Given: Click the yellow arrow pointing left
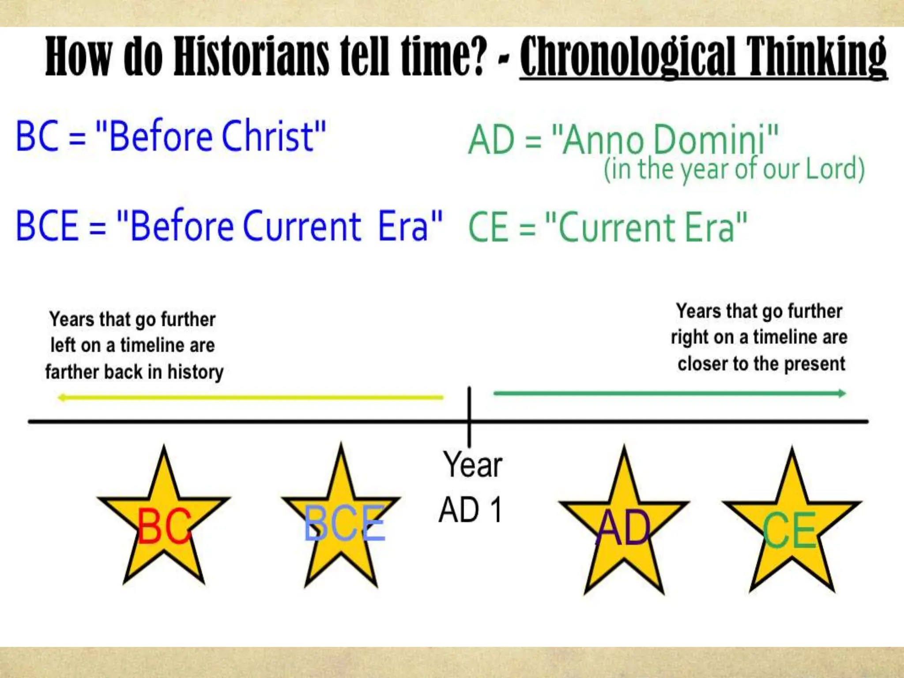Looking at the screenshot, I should [x=250, y=397].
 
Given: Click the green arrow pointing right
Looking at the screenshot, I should [x=670, y=393].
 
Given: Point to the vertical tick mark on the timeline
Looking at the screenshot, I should [x=469, y=415].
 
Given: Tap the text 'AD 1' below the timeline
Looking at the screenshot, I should [x=471, y=510].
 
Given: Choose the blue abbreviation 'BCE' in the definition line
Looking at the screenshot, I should [x=47, y=226].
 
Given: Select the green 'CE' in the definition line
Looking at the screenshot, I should [x=488, y=227].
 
